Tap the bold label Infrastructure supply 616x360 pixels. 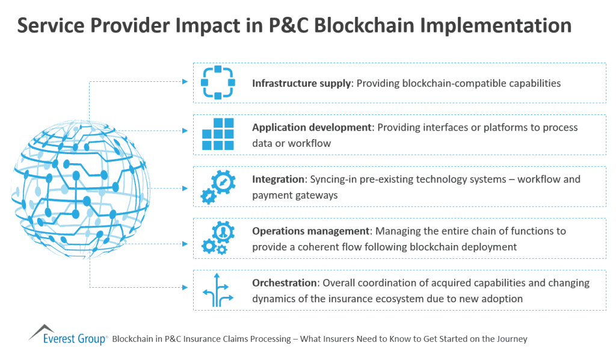click(301, 83)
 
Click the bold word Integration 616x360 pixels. click(279, 179)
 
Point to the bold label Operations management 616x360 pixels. click(310, 231)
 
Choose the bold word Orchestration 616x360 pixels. click(283, 283)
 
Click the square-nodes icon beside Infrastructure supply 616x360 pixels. click(217, 82)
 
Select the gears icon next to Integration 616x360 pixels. click(217, 187)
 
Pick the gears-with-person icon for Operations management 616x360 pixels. click(217, 238)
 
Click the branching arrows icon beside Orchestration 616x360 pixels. click(217, 290)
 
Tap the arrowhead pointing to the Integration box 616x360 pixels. click(185, 188)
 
